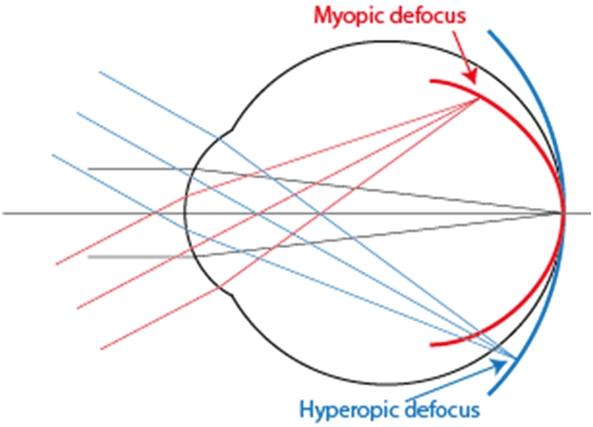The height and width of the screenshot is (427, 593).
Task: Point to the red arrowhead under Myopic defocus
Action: click(x=476, y=83)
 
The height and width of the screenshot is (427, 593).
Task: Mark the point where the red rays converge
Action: click(x=479, y=100)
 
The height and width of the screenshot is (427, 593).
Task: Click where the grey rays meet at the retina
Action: click(x=564, y=213)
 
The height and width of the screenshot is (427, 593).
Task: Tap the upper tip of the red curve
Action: click(x=431, y=81)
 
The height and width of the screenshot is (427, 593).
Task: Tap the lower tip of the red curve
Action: click(x=432, y=344)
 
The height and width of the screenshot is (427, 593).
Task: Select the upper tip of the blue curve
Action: click(x=489, y=32)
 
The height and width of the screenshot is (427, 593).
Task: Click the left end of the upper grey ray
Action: click(x=88, y=169)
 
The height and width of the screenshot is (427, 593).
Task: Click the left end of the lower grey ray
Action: click(x=88, y=257)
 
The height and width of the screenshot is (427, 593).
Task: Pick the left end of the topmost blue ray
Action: click(x=99, y=71)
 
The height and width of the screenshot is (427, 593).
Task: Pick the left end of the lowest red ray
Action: click(x=99, y=350)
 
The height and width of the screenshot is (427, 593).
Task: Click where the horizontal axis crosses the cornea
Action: click(x=184, y=213)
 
